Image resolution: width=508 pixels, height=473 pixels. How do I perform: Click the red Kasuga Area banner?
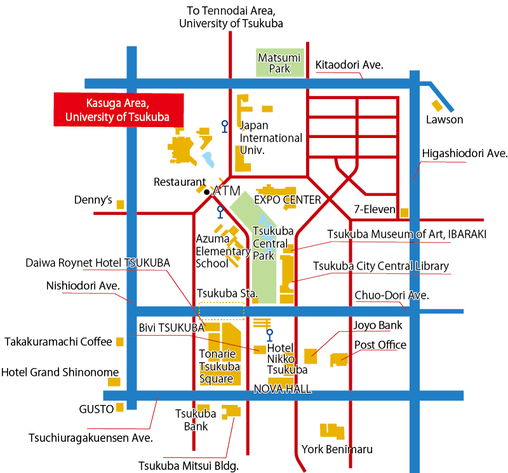(119, 109)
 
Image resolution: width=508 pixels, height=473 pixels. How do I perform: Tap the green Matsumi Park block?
(280, 62)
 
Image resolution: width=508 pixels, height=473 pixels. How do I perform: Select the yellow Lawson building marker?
(437, 106)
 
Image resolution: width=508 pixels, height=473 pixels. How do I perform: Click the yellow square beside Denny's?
(120, 205)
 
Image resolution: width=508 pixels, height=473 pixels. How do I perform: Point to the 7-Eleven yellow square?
(404, 213)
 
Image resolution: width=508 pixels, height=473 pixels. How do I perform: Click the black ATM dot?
(207, 192)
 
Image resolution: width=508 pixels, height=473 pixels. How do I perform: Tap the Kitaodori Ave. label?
(349, 65)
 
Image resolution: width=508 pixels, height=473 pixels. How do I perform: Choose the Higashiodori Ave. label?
(465, 153)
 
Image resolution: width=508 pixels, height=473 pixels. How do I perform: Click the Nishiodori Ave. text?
(83, 286)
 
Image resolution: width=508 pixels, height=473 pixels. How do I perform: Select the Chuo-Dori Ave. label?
(392, 296)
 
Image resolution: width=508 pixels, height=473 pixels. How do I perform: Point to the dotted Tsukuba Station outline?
(222, 311)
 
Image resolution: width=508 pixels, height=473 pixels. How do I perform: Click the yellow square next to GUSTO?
(120, 407)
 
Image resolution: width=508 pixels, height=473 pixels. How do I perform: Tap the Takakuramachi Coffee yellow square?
(120, 341)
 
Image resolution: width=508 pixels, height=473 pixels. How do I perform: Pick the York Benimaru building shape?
(332, 432)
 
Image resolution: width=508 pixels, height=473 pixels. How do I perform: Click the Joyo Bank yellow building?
(311, 356)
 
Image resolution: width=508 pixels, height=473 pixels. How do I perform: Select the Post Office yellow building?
(339, 360)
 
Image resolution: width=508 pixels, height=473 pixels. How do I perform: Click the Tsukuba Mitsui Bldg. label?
(189, 466)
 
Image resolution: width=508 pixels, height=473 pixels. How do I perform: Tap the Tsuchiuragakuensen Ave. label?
(91, 438)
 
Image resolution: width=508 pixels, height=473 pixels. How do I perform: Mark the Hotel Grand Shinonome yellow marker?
(114, 382)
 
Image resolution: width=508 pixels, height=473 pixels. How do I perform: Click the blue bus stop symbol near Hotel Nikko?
(269, 335)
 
